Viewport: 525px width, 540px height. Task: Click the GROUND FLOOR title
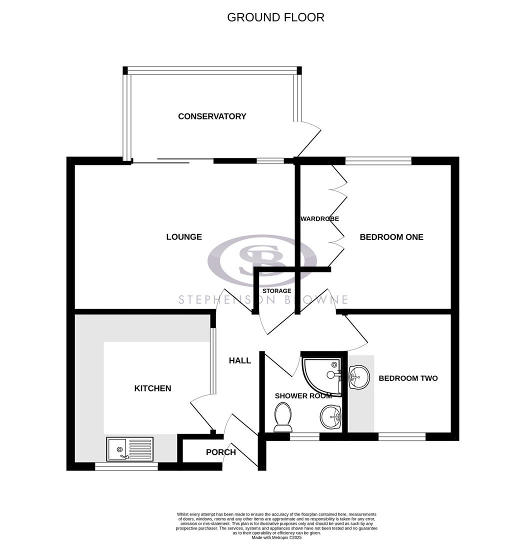pyautogui.click(x=275, y=17)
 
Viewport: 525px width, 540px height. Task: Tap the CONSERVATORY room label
pyautogui.click(x=212, y=116)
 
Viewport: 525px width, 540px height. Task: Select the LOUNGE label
pyautogui.click(x=184, y=237)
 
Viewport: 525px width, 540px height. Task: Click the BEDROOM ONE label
pyautogui.click(x=391, y=237)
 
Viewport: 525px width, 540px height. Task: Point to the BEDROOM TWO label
pyautogui.click(x=408, y=378)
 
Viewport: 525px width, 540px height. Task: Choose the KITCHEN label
pyautogui.click(x=152, y=388)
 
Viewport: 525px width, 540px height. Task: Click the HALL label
pyautogui.click(x=240, y=360)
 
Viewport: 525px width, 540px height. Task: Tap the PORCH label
pyautogui.click(x=220, y=452)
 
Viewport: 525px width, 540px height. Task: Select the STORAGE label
pyautogui.click(x=277, y=291)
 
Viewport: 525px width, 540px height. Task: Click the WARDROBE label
pyautogui.click(x=320, y=219)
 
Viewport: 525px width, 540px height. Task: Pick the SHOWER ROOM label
pyautogui.click(x=303, y=396)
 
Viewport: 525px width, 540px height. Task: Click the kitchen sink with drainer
pyautogui.click(x=129, y=448)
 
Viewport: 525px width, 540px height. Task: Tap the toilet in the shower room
pyautogui.click(x=283, y=417)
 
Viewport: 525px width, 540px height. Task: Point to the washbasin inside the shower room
pyautogui.click(x=330, y=416)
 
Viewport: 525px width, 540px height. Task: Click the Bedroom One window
pyautogui.click(x=378, y=161)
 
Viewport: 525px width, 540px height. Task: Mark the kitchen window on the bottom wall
pyautogui.click(x=126, y=466)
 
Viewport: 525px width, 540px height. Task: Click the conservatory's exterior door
pyautogui.click(x=307, y=139)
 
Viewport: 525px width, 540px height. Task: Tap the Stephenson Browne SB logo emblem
pyautogui.click(x=262, y=260)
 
